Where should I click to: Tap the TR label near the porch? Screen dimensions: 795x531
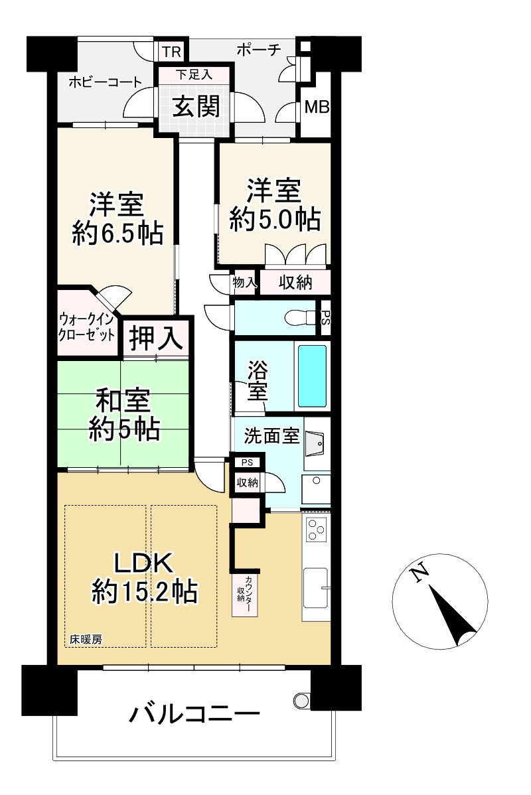(x=171, y=51)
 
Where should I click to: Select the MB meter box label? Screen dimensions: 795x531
(x=316, y=106)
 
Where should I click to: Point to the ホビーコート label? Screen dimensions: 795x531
(x=105, y=83)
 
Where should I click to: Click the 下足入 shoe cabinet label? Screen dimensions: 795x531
(x=194, y=74)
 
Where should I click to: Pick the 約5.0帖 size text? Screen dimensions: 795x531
(x=275, y=218)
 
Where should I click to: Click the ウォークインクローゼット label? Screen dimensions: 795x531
(x=87, y=326)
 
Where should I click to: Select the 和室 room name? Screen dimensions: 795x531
(x=124, y=402)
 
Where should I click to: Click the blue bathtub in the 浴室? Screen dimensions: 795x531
(x=312, y=376)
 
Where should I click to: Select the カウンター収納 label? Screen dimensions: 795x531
(x=245, y=590)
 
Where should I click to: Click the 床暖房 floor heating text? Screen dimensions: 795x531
(x=86, y=640)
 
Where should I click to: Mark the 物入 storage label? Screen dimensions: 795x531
(x=244, y=282)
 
